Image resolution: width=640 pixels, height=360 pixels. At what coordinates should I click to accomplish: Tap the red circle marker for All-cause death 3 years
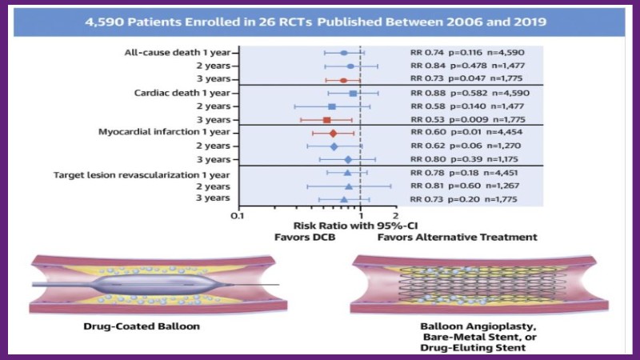point(343,80)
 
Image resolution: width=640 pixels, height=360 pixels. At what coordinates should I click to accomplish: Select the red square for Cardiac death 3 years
point(326,119)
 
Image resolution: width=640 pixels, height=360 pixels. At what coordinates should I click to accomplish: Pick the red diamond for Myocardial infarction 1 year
point(333,133)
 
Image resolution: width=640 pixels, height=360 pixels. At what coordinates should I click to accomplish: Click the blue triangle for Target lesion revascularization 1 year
point(347,173)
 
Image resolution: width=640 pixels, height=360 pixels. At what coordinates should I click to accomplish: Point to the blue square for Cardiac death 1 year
point(353,94)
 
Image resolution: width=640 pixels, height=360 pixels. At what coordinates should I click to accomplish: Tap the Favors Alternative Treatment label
point(457,238)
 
